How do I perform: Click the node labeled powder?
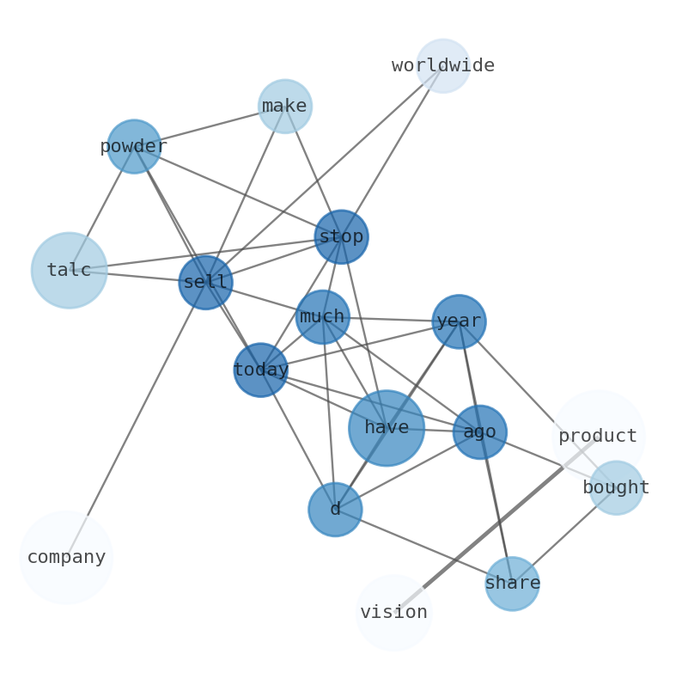(x=134, y=147)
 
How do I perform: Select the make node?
(x=285, y=107)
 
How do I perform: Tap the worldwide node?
(x=443, y=65)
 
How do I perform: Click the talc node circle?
(x=70, y=271)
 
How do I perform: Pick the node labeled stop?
(x=342, y=237)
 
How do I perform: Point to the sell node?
(x=206, y=282)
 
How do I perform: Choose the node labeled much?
(x=323, y=317)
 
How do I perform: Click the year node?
(x=459, y=322)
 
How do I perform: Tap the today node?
(x=261, y=370)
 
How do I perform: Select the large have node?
(x=387, y=428)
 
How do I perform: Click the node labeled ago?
(x=480, y=432)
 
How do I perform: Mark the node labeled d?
(x=335, y=510)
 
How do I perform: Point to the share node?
(x=512, y=584)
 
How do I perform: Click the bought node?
(x=616, y=488)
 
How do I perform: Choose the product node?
(x=598, y=437)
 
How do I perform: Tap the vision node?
(x=393, y=613)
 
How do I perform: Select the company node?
(x=66, y=557)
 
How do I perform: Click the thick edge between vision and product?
(x=496, y=524)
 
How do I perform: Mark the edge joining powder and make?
(x=210, y=126)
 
